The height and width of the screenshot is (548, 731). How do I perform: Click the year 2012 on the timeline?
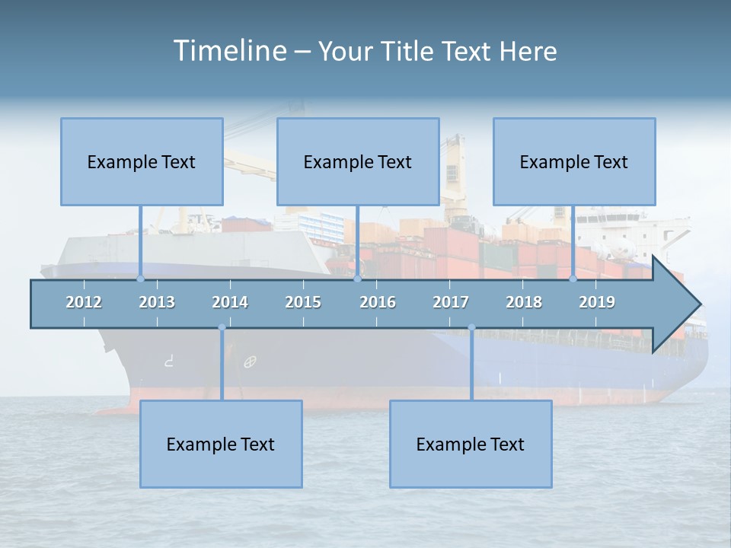pyautogui.click(x=84, y=302)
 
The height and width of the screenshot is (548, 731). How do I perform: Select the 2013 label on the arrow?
pyautogui.click(x=157, y=302)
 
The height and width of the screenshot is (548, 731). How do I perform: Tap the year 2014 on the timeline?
pyautogui.click(x=230, y=302)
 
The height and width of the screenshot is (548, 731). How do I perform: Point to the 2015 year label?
pyautogui.click(x=303, y=302)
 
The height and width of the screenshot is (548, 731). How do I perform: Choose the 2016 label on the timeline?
pyautogui.click(x=378, y=302)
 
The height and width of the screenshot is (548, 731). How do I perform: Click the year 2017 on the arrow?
pyautogui.click(x=451, y=302)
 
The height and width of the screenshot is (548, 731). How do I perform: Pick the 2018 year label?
pyautogui.click(x=524, y=302)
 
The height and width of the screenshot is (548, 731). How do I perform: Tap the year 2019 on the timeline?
pyautogui.click(x=597, y=302)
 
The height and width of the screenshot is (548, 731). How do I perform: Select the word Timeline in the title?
pyautogui.click(x=228, y=51)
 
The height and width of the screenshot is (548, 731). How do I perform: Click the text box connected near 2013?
pyautogui.click(x=142, y=161)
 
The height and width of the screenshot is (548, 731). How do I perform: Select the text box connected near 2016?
pyautogui.click(x=358, y=161)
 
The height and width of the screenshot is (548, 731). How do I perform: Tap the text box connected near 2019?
pyautogui.click(x=574, y=161)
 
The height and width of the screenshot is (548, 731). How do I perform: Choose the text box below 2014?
pyautogui.click(x=221, y=444)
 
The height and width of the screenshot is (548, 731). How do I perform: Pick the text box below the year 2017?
pyautogui.click(x=471, y=444)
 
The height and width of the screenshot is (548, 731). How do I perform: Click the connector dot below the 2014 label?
pyautogui.click(x=222, y=327)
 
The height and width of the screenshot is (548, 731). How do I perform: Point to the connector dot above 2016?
pyautogui.click(x=357, y=279)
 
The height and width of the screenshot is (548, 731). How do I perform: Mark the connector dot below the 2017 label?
pyautogui.click(x=471, y=327)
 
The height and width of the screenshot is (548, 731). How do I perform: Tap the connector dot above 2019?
pyautogui.click(x=573, y=279)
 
